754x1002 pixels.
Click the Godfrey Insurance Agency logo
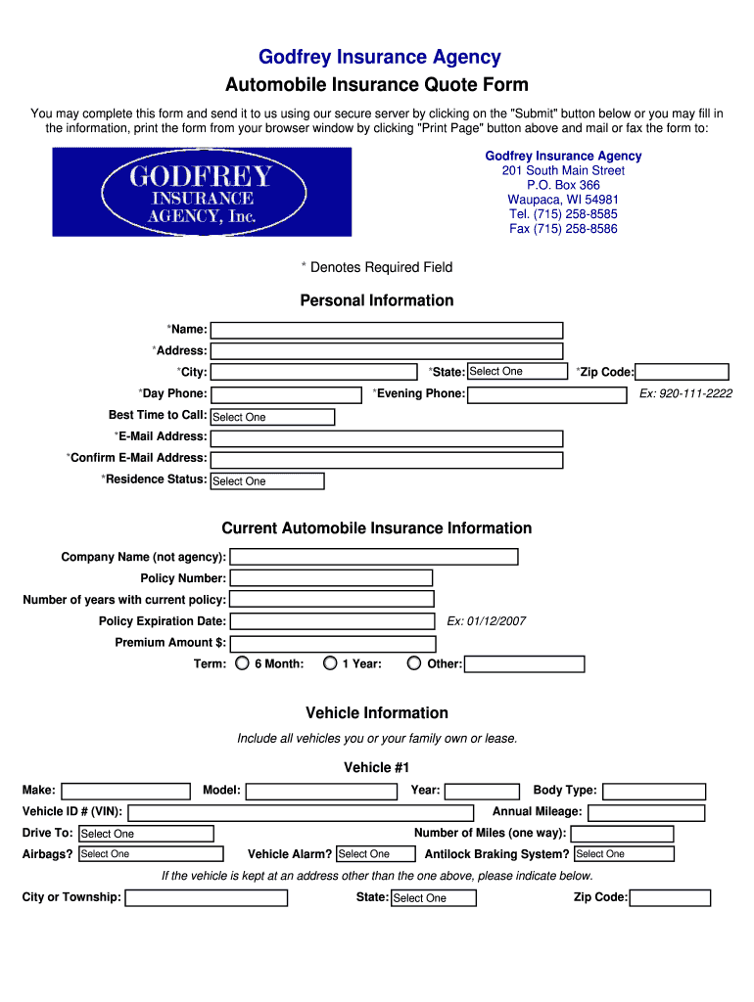202,192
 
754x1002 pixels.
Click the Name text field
387,331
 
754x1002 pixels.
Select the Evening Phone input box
546,395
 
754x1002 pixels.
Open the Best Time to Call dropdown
272,417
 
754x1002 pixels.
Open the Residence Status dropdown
267,481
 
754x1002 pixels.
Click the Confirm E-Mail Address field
387,460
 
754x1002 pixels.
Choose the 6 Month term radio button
243,664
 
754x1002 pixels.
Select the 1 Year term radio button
330,664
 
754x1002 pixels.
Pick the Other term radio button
416,664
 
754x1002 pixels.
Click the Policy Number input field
331,578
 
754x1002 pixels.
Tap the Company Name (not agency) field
373,557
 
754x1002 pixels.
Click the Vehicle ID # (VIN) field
301,813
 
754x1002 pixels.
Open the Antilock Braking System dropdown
624,854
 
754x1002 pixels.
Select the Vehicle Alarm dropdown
376,854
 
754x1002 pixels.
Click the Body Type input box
653,792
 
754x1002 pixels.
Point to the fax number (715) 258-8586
563,229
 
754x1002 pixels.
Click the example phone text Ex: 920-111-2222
685,393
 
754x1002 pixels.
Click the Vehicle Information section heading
377,713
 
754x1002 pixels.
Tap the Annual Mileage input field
646,813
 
